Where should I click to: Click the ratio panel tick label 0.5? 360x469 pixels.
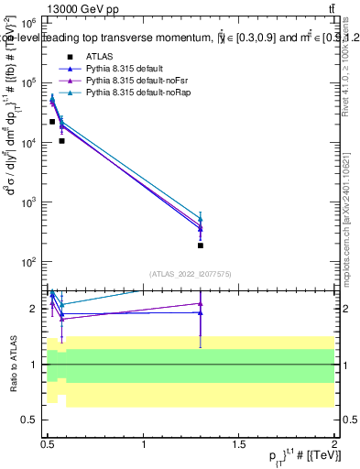31,420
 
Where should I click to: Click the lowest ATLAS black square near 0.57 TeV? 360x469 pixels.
61,141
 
